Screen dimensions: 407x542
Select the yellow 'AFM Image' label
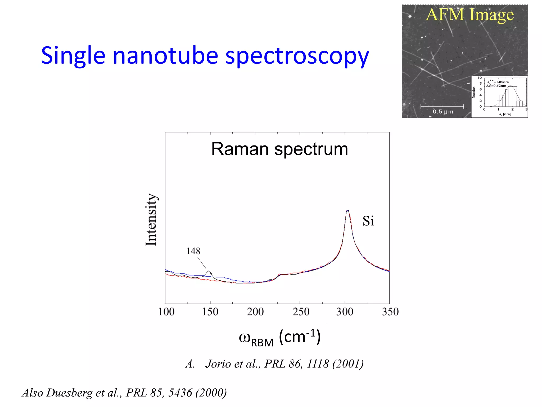tap(470, 15)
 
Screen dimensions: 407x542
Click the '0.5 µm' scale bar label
tap(443, 112)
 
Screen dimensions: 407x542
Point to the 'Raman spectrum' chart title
tap(279, 149)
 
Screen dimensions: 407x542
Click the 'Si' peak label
tap(368, 221)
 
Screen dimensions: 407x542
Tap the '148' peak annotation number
tap(193, 251)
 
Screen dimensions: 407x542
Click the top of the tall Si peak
tap(347, 211)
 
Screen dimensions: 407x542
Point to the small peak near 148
tap(209, 271)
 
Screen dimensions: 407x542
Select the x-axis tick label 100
tap(166, 312)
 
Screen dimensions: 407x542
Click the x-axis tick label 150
tap(210, 312)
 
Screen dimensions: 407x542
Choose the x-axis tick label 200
tap(255, 312)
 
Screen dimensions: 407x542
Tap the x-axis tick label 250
tap(301, 312)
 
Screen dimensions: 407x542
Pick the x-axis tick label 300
tap(345, 312)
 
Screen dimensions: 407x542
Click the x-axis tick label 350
tap(390, 312)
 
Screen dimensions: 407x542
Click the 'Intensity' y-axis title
tap(151, 220)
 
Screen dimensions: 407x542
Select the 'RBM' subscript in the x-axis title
tap(262, 343)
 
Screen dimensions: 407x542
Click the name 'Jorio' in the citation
tap(218, 364)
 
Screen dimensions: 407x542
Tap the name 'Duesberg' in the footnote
tap(69, 393)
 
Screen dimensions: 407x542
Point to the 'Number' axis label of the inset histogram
tap(473, 92)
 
